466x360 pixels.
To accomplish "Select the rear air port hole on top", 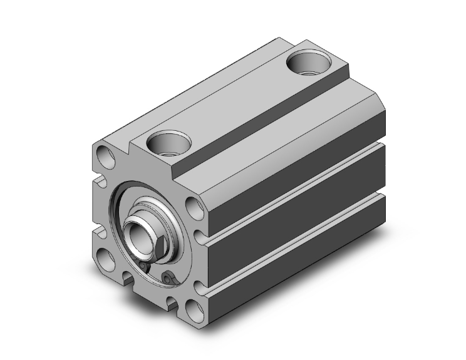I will (308, 63).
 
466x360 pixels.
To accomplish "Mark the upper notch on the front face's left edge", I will (97, 182).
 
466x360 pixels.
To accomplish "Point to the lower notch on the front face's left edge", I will (98, 233).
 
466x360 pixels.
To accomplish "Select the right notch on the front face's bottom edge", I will (171, 302).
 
